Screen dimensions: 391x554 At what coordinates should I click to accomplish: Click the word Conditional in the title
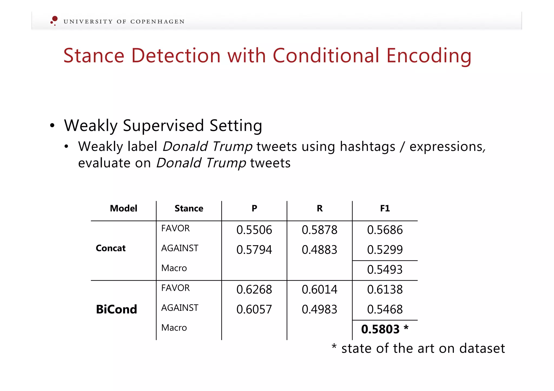pos(326,56)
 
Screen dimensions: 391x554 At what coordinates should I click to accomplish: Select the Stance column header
pos(189,208)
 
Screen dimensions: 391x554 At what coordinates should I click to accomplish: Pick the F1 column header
pos(385,208)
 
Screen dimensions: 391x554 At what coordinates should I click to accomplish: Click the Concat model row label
pos(111,248)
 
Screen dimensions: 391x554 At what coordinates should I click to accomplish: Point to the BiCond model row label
pos(116,309)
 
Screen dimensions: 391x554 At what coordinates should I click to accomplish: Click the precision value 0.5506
pos(254,230)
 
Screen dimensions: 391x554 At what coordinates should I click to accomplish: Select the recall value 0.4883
pos(319,250)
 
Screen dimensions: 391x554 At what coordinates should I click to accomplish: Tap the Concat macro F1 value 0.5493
pos(385,270)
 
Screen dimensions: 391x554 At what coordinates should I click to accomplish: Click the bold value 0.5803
pos(380,329)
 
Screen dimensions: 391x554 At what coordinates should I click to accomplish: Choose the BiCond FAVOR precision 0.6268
pos(254,290)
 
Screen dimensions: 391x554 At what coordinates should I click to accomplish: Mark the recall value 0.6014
pos(319,290)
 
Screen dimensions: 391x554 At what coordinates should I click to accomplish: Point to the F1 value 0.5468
pos(385,309)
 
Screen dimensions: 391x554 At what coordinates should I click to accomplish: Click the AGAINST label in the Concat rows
pos(180,248)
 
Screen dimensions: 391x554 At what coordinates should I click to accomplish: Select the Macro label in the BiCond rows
pos(174,328)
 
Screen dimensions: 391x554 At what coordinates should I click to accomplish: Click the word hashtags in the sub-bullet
pos(367,147)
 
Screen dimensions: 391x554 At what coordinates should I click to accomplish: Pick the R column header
pos(319,208)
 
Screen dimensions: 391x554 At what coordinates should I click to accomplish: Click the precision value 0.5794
pos(254,250)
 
